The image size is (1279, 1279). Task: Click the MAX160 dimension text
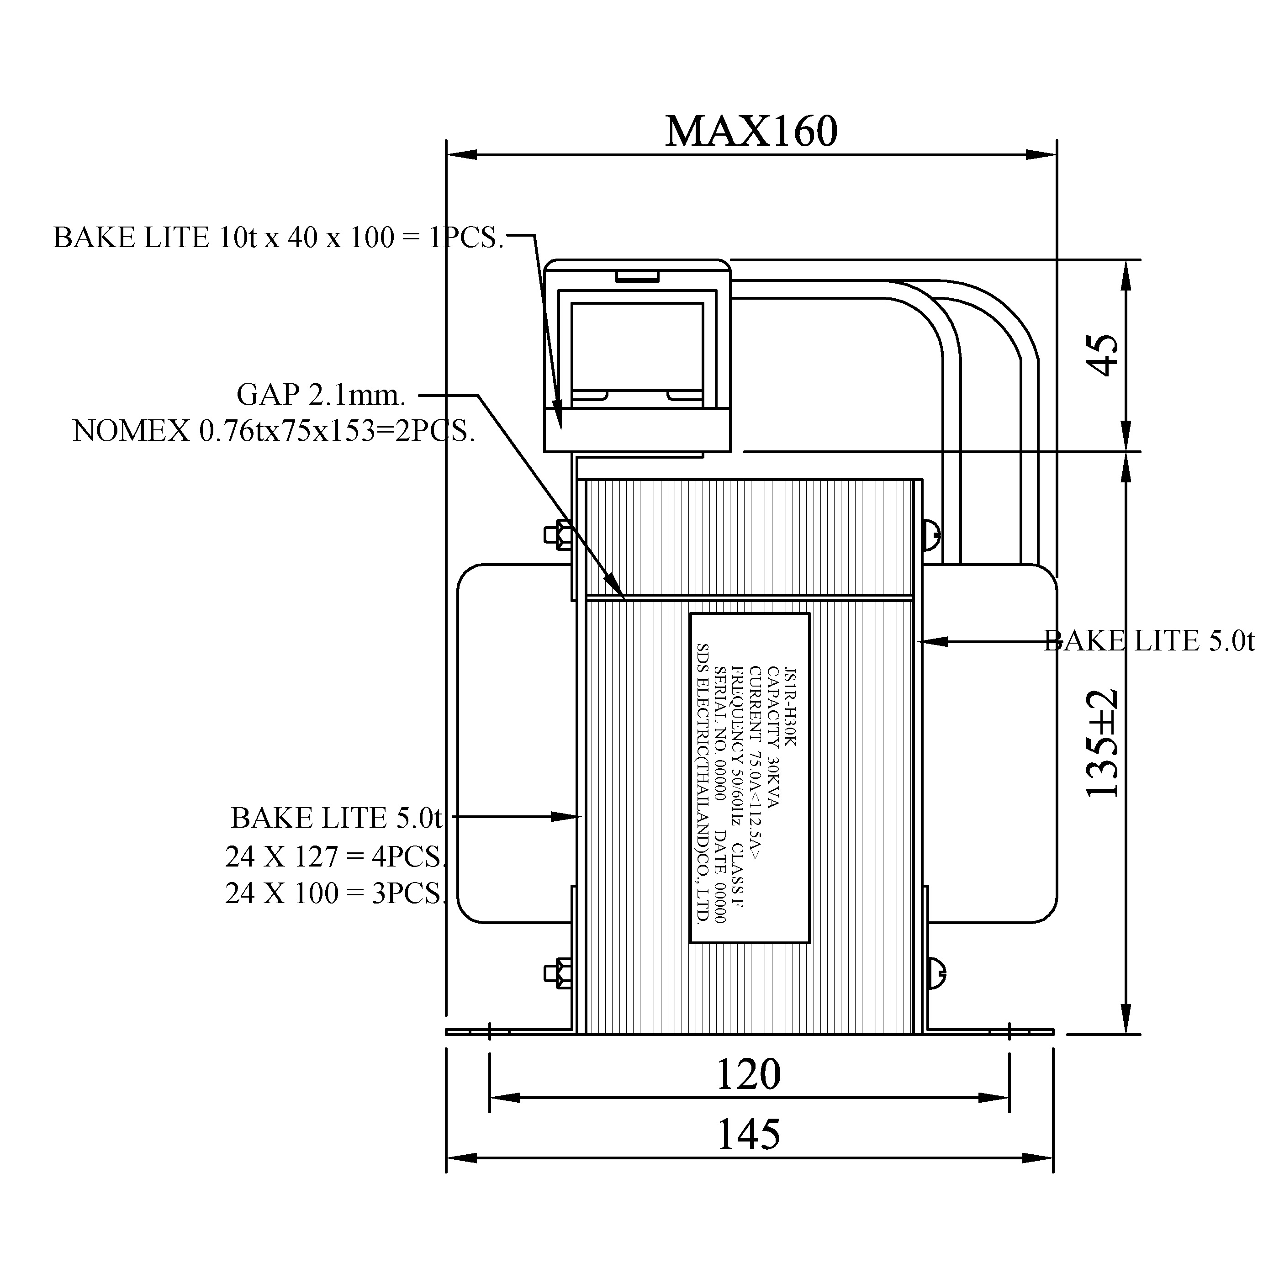[x=751, y=131]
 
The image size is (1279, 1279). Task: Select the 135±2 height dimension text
[x=1102, y=743]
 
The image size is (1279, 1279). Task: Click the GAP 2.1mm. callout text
[x=321, y=395]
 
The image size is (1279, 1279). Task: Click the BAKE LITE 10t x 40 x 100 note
[x=278, y=237]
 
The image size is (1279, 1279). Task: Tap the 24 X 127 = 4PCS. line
[x=335, y=856]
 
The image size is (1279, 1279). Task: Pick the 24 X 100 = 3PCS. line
[x=335, y=893]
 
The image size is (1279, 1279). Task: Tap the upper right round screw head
[x=932, y=534]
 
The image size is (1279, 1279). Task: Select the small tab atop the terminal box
[x=637, y=276]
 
